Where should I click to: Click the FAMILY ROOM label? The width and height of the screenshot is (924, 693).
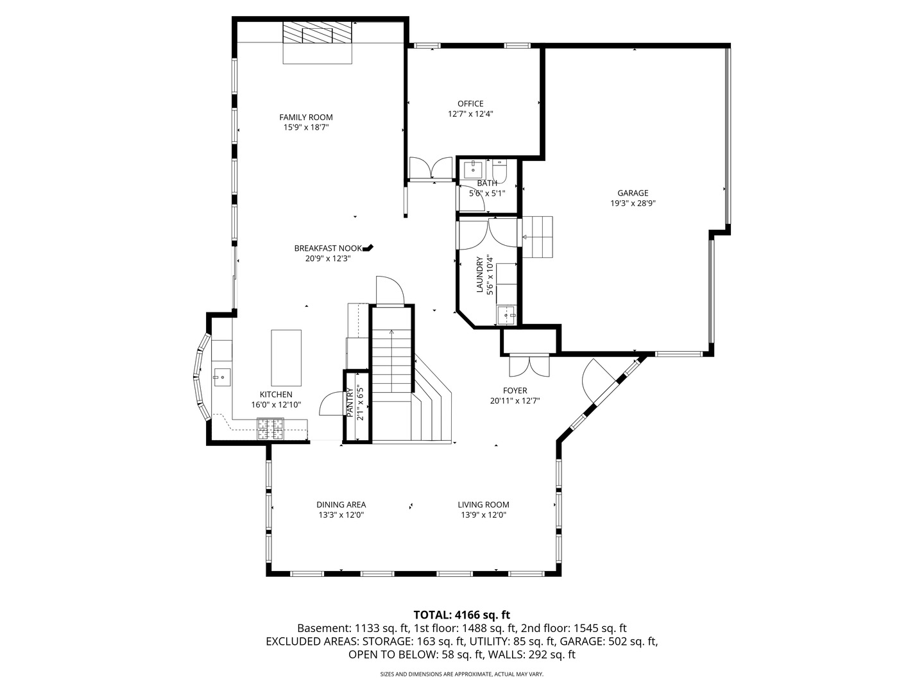point(306,117)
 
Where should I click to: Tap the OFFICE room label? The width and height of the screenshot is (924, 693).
point(470,104)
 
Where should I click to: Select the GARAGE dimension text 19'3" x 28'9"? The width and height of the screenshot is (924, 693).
point(633,203)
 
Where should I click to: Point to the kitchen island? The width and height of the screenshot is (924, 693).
point(286,357)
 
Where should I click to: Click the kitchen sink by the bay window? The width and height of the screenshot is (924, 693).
point(221,377)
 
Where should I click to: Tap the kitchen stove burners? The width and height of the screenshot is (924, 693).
point(271,429)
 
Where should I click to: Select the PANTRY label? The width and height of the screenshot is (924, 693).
point(350,403)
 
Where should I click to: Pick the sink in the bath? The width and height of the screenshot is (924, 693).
point(474,169)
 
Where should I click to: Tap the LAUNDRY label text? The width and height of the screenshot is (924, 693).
point(479,275)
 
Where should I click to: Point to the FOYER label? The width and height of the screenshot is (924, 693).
point(515,391)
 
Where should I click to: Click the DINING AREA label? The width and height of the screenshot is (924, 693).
point(341,505)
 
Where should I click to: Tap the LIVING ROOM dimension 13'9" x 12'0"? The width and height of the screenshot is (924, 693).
point(483,515)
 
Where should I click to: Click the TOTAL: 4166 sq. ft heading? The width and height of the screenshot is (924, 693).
point(461,615)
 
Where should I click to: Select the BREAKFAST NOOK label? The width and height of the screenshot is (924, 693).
point(328,248)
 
